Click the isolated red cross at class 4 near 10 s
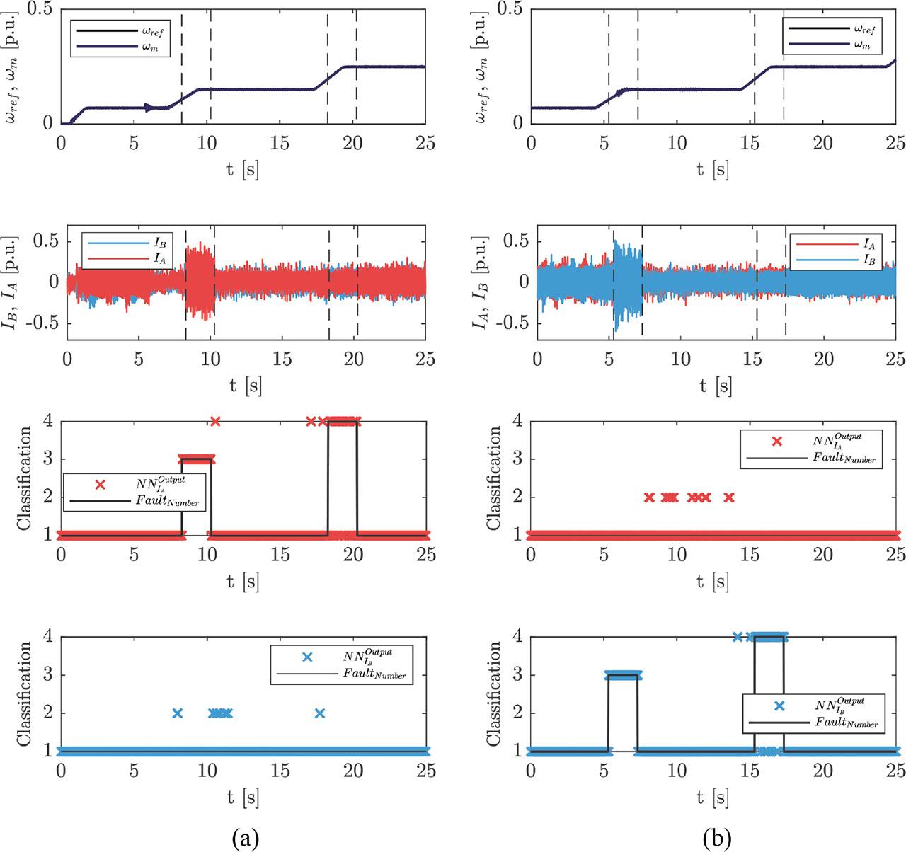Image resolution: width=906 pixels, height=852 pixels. [x=215, y=421]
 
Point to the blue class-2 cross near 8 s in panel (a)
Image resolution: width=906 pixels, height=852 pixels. [x=178, y=713]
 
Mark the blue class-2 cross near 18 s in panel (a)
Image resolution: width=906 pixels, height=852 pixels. [x=320, y=713]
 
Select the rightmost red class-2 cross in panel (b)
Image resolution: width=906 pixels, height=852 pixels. [x=729, y=497]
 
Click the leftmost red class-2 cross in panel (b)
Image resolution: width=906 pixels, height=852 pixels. [x=649, y=497]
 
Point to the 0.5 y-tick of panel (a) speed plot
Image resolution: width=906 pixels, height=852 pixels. [x=41, y=9]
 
